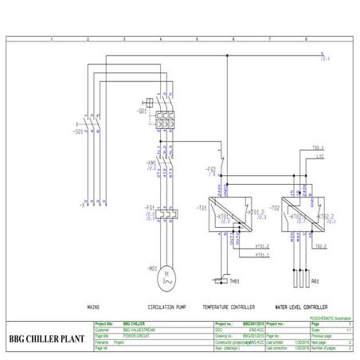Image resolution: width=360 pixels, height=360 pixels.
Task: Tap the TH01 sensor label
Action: point(234,282)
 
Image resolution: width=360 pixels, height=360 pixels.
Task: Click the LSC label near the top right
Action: point(296,155)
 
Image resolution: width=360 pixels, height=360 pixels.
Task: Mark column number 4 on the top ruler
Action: point(162,38)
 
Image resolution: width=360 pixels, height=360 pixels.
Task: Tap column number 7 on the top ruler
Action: point(269,38)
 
